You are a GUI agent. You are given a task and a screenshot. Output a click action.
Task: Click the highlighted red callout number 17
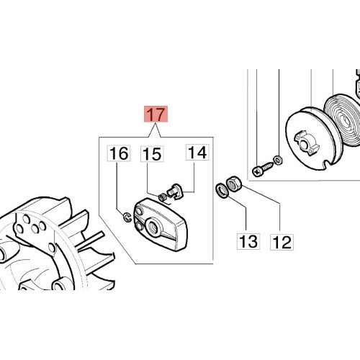pyautogui.click(x=156, y=114)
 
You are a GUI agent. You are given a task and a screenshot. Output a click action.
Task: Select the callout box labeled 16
pyautogui.click(x=119, y=153)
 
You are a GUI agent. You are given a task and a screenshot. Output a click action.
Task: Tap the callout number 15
pyautogui.click(x=152, y=153)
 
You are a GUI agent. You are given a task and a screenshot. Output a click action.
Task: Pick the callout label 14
pyautogui.click(x=197, y=152)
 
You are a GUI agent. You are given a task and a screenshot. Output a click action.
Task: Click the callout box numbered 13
pyautogui.click(x=248, y=241)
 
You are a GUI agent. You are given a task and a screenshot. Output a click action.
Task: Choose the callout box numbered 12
pyautogui.click(x=282, y=242)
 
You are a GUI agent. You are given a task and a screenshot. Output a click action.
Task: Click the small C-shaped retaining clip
pyautogui.click(x=127, y=217)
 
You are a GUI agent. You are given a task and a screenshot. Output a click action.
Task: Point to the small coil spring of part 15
pyautogui.click(x=162, y=197)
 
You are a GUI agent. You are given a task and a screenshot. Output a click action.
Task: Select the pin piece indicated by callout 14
pyautogui.click(x=174, y=192)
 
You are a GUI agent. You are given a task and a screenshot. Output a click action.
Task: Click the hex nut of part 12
pyautogui.click(x=234, y=184)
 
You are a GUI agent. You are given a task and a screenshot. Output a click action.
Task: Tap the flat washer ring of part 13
pyautogui.click(x=222, y=191)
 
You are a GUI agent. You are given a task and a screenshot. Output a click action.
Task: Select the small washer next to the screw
pyautogui.click(x=278, y=160)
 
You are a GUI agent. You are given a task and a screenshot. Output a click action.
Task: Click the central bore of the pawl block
pyautogui.click(x=153, y=226)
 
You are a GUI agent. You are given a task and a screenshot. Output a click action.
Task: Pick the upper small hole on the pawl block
pyautogui.click(x=138, y=212)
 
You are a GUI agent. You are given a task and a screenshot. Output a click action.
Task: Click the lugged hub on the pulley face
pyautogui.click(x=307, y=143)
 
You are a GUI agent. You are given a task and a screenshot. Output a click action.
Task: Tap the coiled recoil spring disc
pyautogui.click(x=343, y=121)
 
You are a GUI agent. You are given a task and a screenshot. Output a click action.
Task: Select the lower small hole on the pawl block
pyautogui.click(x=138, y=225)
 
